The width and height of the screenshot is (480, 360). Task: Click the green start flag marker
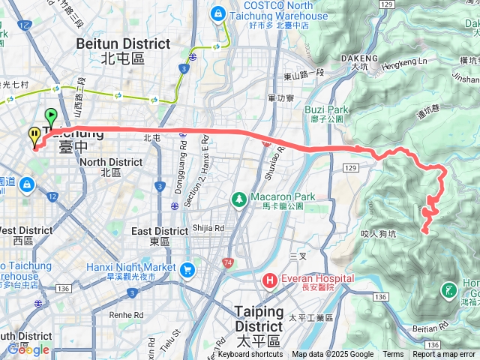[x=51, y=117]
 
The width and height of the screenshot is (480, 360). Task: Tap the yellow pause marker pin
[x=34, y=136]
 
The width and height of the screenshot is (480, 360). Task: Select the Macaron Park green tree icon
[x=239, y=199]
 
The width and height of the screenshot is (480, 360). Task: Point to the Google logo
[x=28, y=349]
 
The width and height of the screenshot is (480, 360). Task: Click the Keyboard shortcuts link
[x=251, y=355]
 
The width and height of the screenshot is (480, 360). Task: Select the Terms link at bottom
[x=393, y=355]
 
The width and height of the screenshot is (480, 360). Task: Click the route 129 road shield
[x=351, y=171]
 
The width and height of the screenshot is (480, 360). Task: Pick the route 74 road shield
[x=227, y=262]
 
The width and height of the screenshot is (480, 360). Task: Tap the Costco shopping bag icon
[x=217, y=12]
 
